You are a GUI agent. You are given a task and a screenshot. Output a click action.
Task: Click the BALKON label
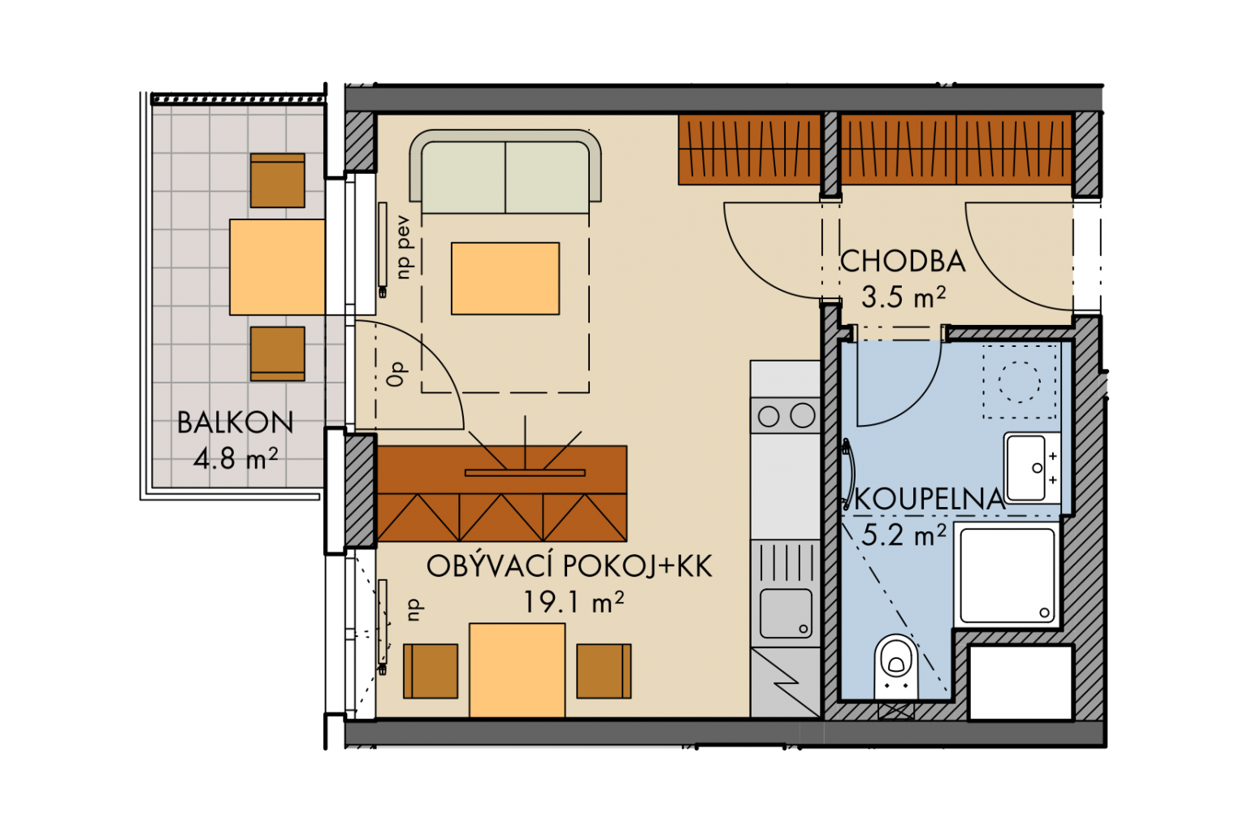pos(235,423)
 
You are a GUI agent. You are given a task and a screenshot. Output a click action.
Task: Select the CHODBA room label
pos(903,262)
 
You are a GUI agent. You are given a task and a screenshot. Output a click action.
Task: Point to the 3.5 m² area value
pos(903,297)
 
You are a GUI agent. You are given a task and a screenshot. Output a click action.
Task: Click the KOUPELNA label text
pos(929,500)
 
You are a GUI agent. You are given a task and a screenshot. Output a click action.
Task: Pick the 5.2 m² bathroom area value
pos(903,535)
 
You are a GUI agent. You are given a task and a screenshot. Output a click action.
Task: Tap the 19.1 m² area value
pos(574,602)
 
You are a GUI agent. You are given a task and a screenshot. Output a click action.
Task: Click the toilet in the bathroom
pos(896,666)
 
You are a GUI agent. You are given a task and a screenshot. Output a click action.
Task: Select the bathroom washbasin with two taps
pos(1033,468)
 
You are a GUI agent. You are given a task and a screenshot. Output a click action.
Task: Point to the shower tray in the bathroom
pos(1007,575)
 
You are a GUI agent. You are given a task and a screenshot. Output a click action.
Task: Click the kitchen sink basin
pos(786,613)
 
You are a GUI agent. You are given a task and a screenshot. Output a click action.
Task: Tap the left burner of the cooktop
pos(769,416)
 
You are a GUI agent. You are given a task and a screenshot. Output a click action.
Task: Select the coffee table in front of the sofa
pos(505,279)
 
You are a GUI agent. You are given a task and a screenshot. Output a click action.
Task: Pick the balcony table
pos(277,267)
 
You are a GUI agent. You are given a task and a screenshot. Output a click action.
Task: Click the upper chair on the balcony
pos(277,180)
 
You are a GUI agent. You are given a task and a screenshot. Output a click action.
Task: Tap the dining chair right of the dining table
pos(604,671)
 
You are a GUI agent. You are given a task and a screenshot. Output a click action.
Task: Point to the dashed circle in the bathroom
pos(1019,383)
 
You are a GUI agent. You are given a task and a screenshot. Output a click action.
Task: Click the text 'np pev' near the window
pos(403,248)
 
